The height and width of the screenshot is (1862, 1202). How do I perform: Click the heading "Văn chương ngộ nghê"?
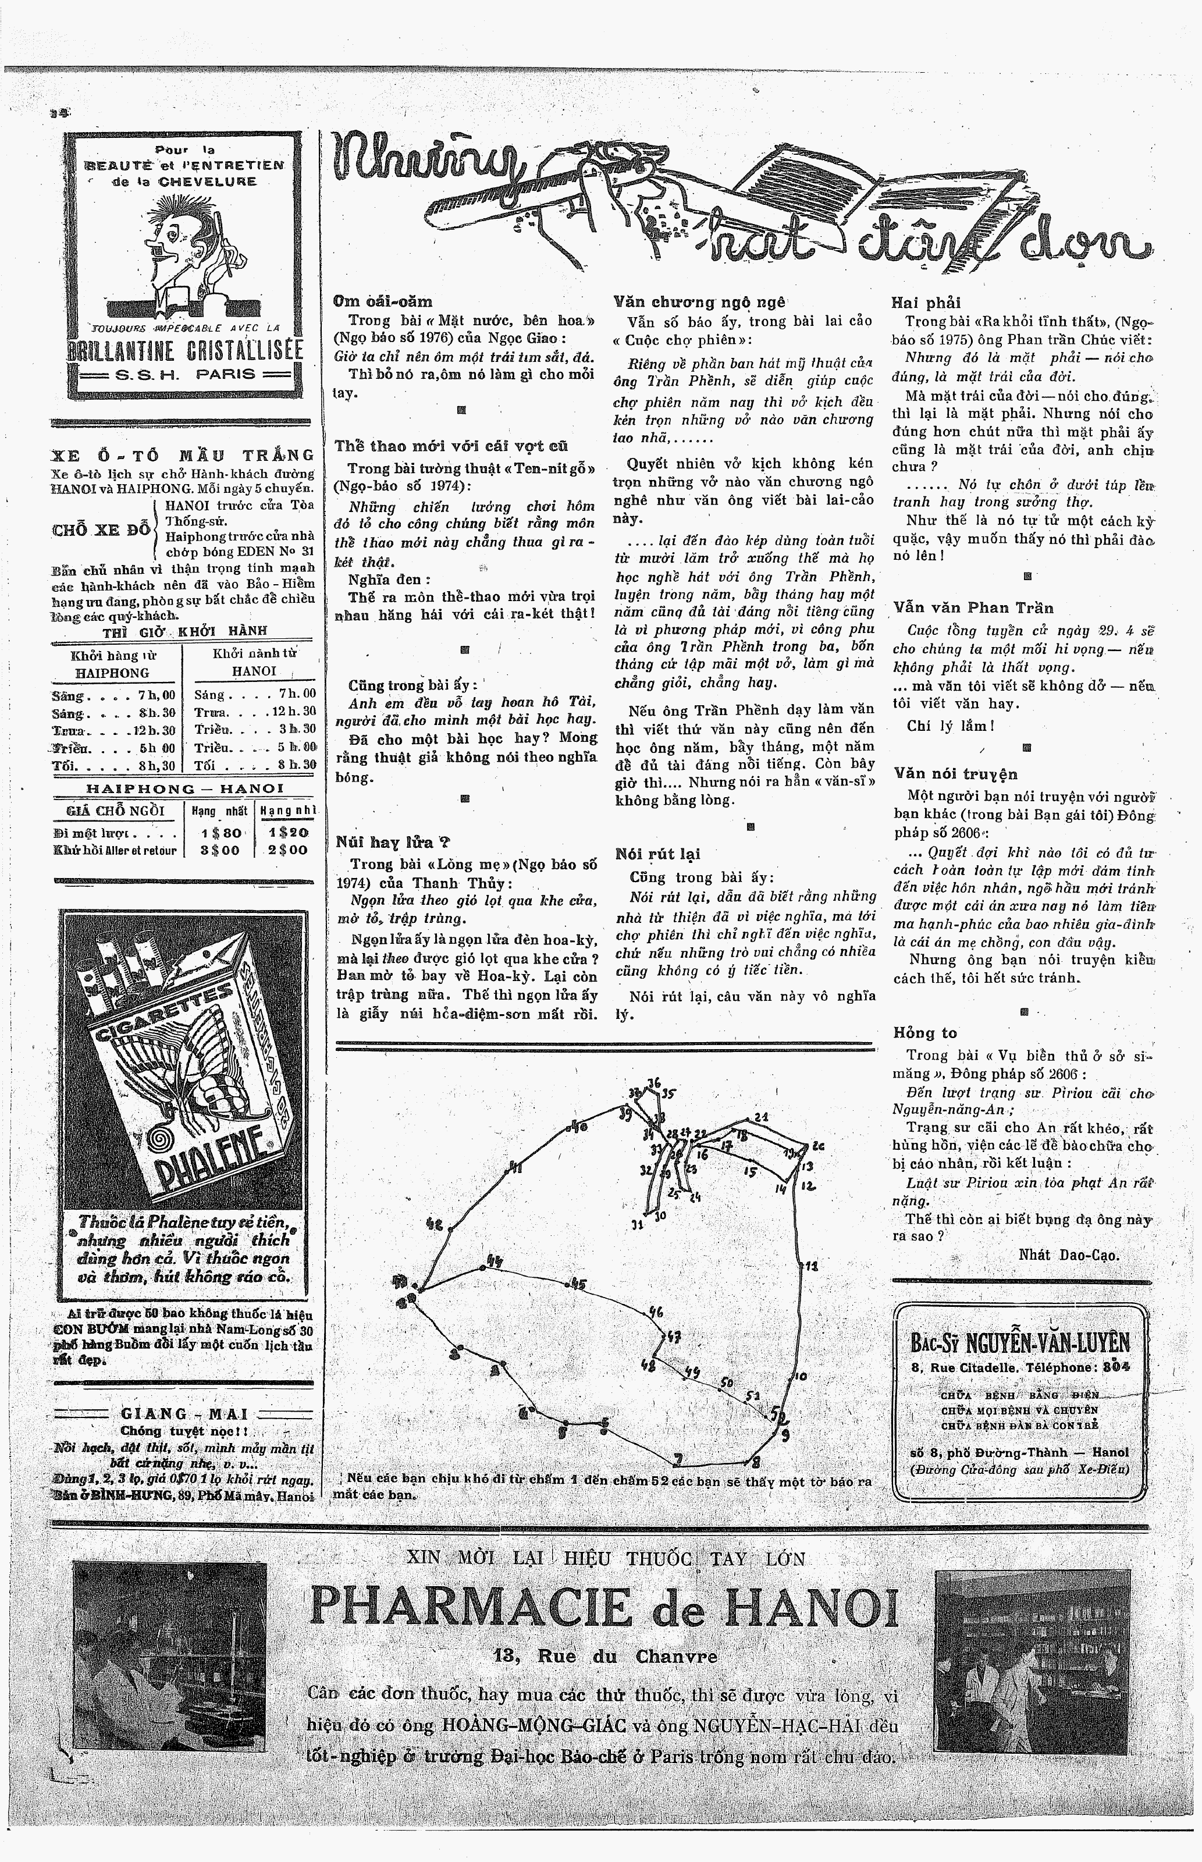pyautogui.click(x=699, y=302)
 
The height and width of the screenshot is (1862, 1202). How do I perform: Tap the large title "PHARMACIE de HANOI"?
pyautogui.click(x=603, y=1606)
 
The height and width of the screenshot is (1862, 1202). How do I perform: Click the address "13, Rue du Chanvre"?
pyautogui.click(x=605, y=1656)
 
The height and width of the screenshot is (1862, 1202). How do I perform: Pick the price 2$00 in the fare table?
pyautogui.click(x=288, y=850)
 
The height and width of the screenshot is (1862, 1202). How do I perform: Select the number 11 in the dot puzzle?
pyautogui.click(x=812, y=1265)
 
